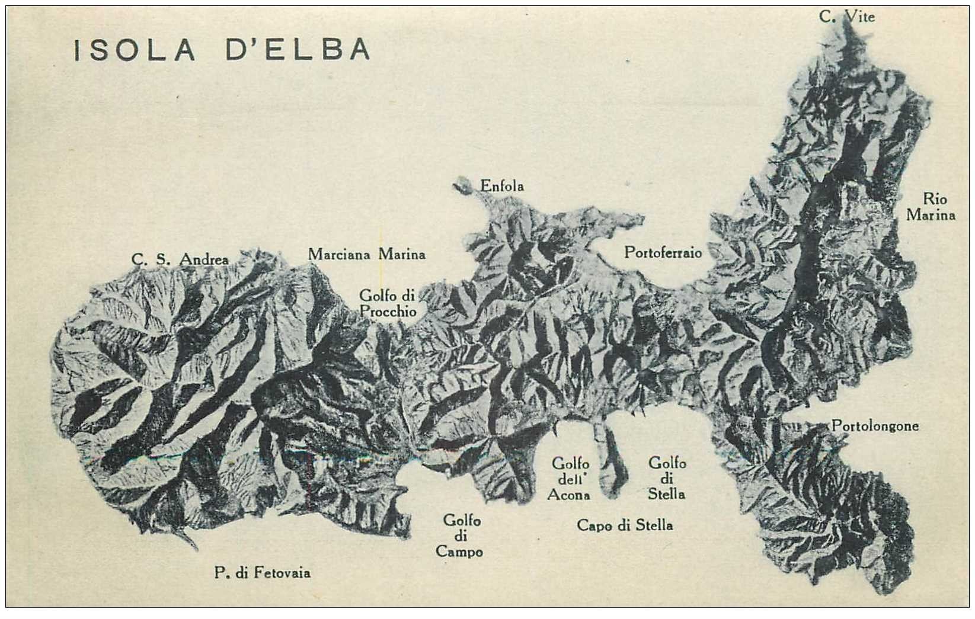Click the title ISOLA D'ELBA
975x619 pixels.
point(222,50)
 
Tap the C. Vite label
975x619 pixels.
point(847,17)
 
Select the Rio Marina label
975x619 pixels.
point(931,207)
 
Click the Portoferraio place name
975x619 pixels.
point(663,253)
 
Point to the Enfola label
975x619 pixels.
point(502,186)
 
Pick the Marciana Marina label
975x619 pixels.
point(366,255)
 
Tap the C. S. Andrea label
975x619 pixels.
point(180,259)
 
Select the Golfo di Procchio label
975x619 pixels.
point(388,303)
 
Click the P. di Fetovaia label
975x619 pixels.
point(262,573)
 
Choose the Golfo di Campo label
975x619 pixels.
point(460,536)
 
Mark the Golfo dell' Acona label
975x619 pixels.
point(568,479)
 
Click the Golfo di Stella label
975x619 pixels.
point(667,478)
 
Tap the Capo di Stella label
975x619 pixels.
point(625,525)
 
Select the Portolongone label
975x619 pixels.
point(875,426)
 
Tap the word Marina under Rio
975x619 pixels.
point(931,215)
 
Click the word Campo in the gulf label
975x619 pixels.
point(460,552)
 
